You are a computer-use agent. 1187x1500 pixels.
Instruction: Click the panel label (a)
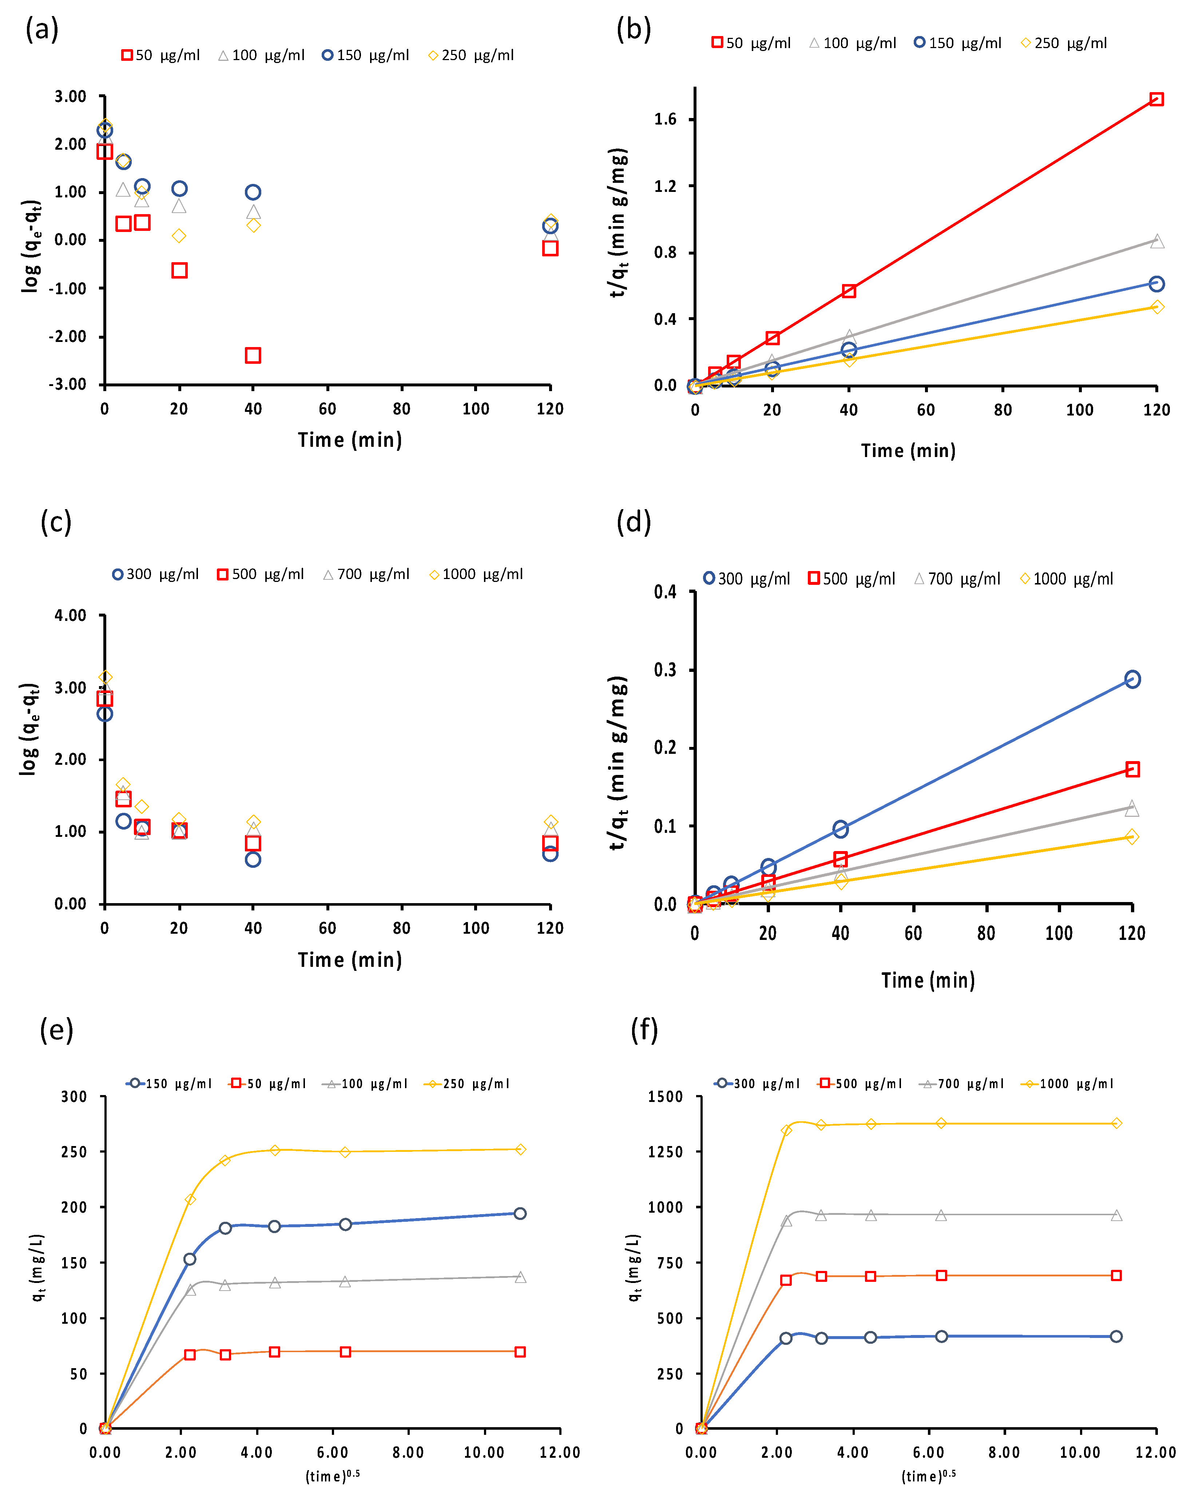[x=42, y=30]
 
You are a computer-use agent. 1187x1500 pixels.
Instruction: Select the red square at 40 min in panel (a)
[x=253, y=355]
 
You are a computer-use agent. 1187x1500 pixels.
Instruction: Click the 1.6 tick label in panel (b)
[x=665, y=119]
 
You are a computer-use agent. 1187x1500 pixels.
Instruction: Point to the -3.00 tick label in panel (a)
[x=67, y=385]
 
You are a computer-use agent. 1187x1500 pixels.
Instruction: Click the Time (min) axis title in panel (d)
[x=928, y=981]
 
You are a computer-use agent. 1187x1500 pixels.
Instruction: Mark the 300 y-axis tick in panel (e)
[x=74, y=1097]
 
